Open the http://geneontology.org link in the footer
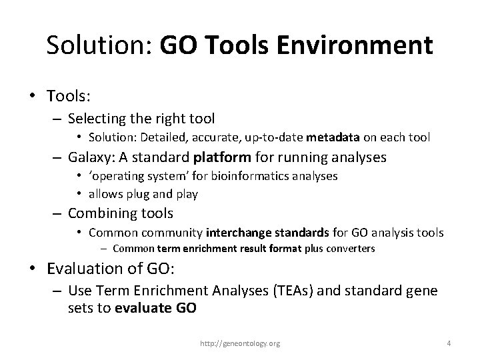pyautogui.click(x=241, y=343)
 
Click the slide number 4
pyautogui.click(x=449, y=343)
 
